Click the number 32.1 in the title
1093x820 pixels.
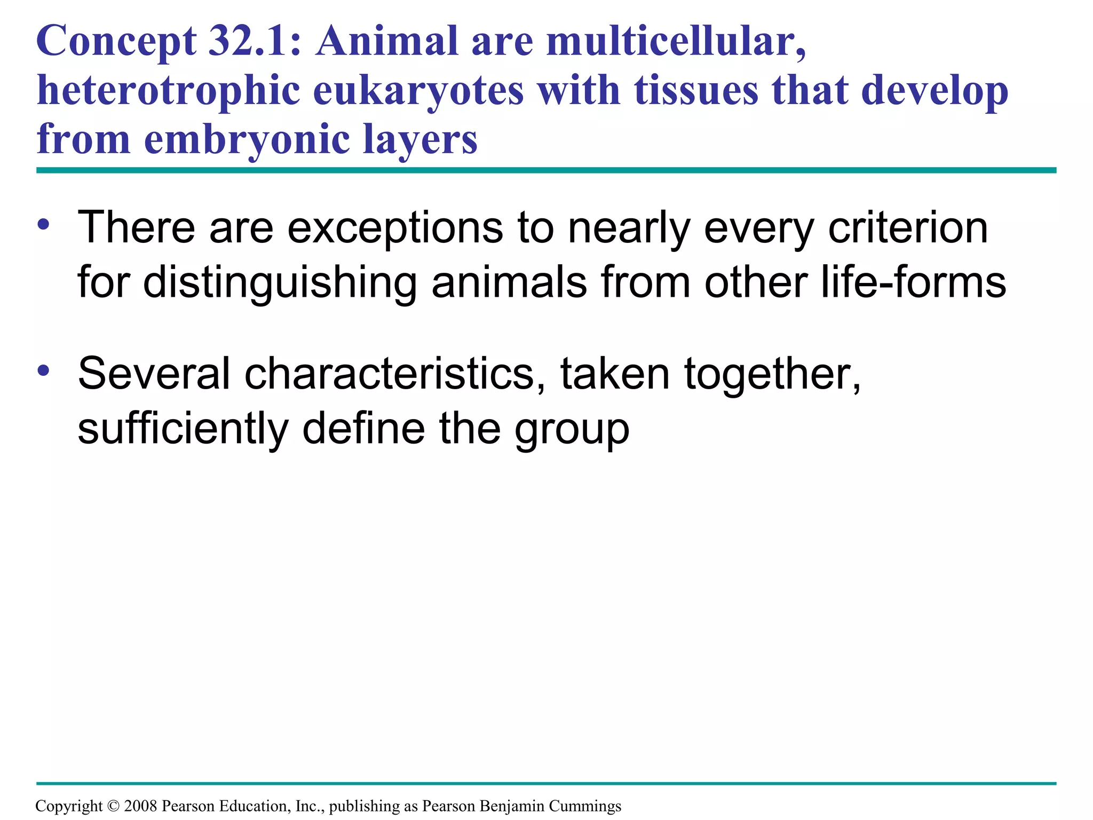(248, 42)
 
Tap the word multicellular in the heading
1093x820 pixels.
(676, 42)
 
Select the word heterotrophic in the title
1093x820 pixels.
(168, 91)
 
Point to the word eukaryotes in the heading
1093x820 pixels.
(418, 91)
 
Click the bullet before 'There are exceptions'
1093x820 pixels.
(44, 224)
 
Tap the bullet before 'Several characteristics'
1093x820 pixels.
(44, 370)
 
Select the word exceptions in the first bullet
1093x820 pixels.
(395, 228)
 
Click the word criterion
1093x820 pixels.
(908, 228)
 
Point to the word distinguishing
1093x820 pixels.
(280, 282)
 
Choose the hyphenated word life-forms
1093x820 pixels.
(913, 282)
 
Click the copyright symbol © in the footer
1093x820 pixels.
(113, 806)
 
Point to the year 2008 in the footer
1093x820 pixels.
(140, 806)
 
